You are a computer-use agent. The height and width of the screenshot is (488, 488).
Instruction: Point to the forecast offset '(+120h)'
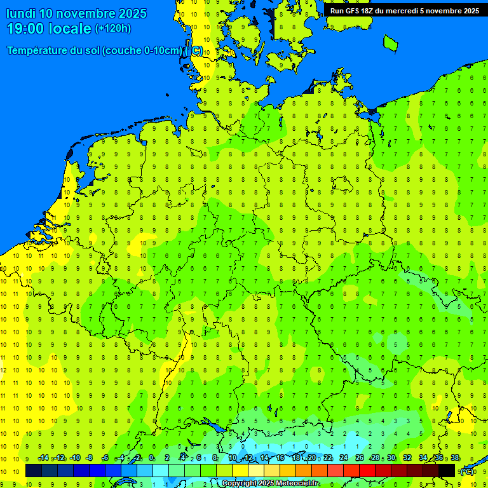(112, 29)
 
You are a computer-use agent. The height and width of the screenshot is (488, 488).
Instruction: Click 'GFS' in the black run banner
(354, 11)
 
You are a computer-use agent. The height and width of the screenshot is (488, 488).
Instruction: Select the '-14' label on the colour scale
(43, 458)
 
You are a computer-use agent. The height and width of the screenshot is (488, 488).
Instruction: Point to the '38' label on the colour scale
(455, 458)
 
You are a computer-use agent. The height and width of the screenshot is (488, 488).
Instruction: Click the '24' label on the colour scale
(344, 458)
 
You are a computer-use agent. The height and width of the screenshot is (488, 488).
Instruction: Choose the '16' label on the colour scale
(280, 458)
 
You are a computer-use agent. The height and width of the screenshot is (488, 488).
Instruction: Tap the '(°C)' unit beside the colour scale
(466, 471)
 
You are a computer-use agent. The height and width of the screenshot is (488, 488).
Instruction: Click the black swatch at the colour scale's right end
(447, 471)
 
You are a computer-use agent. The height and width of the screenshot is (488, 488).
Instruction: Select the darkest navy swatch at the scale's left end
(34, 471)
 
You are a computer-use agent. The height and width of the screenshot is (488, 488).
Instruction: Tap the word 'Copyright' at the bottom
(240, 484)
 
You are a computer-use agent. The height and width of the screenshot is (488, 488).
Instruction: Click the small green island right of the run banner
(390, 42)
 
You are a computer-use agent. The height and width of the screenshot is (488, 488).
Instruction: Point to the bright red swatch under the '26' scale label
(367, 471)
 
